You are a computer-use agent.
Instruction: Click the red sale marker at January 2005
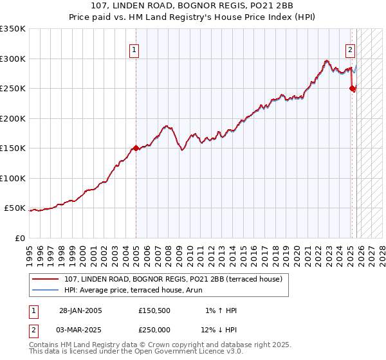click(x=136, y=148)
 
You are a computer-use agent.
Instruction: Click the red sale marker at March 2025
click(x=352, y=89)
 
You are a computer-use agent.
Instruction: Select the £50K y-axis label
click(x=15, y=208)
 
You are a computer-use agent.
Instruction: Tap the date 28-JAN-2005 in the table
click(x=80, y=310)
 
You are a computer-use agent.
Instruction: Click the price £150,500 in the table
click(x=154, y=310)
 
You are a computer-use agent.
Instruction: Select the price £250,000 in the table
click(x=154, y=330)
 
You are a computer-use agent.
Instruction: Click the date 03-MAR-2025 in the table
click(x=80, y=330)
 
